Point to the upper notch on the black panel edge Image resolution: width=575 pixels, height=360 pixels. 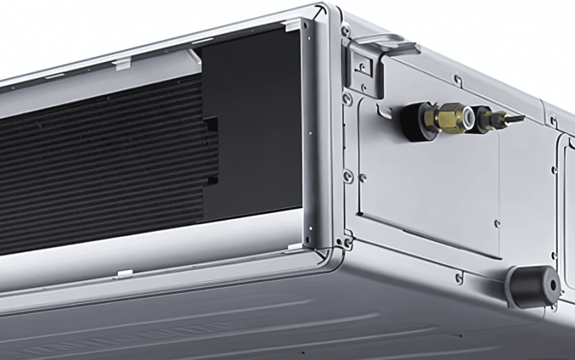[x=211, y=125]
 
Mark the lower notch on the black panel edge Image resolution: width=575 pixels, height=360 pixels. [x=211, y=181]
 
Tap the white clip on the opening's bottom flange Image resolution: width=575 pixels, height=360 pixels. [x=125, y=274]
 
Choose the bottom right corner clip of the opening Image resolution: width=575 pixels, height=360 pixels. [x=295, y=246]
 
